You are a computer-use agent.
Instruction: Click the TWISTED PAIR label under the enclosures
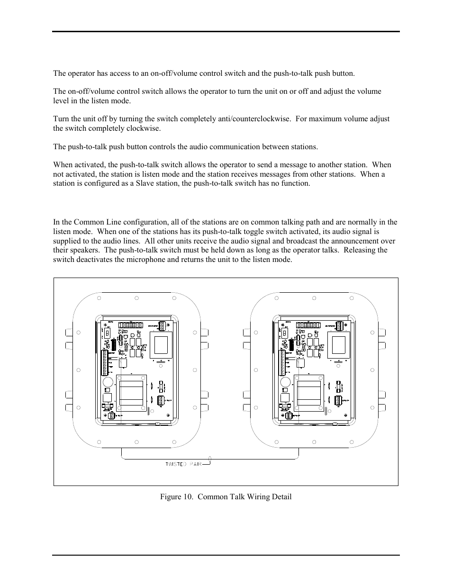coord(183,464)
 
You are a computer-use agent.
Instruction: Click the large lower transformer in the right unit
coord(308,393)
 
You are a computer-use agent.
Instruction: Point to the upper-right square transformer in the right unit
coord(339,345)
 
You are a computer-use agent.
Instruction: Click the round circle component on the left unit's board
coord(108,383)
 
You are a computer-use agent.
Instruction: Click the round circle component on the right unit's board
coord(285,383)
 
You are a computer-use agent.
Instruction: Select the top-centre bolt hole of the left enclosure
coord(136,298)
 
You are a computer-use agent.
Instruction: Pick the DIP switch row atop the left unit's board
coord(130,325)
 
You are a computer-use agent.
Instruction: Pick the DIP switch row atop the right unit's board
coord(308,325)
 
